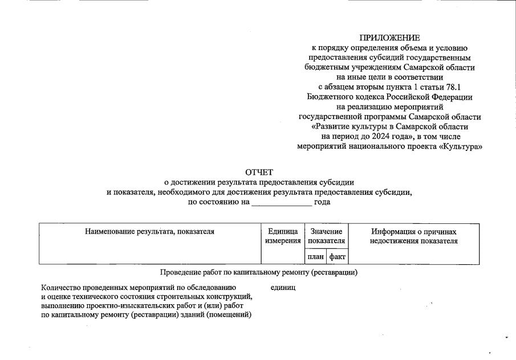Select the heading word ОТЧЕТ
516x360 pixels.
coord(259,172)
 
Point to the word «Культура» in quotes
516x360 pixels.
coord(461,146)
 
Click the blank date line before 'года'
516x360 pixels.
coord(282,202)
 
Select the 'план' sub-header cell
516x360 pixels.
coord(315,257)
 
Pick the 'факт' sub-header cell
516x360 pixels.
coord(338,257)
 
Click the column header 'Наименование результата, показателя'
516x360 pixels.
coord(149,232)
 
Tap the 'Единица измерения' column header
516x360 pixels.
coord(283,236)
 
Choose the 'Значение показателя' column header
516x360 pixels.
coord(326,236)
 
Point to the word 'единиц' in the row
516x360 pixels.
coord(283,288)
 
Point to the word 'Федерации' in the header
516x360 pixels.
coord(450,97)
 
